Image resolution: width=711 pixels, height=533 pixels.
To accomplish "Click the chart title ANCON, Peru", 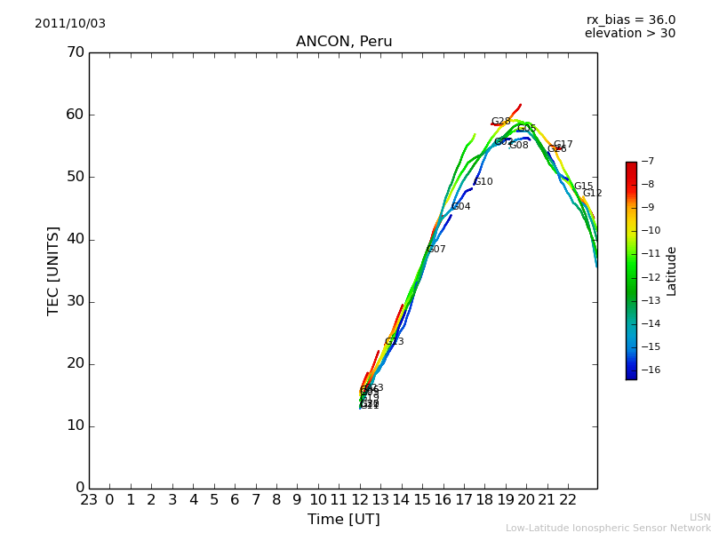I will [344, 42].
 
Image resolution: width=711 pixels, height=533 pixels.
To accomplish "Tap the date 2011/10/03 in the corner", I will [70, 24].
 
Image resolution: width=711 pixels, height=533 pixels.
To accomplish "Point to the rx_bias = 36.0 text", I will [630, 20].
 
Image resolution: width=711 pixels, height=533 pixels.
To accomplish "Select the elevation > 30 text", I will [629, 34].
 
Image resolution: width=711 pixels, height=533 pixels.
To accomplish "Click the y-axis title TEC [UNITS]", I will [53, 270].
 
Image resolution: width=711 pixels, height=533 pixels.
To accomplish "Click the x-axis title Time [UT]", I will [343, 520].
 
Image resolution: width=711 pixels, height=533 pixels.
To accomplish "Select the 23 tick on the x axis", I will [89, 500].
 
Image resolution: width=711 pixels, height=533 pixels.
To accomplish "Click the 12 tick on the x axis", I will [360, 500].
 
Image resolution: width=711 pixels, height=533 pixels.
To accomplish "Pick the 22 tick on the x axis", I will [568, 500].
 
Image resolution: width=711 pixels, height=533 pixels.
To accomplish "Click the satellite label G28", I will [501, 122].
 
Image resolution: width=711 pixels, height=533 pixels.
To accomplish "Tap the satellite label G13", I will [395, 342].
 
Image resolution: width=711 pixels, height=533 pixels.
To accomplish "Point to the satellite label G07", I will [436, 250].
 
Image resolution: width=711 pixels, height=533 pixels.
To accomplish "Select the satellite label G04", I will [461, 207].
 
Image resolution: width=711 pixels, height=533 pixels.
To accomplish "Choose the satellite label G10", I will [483, 182].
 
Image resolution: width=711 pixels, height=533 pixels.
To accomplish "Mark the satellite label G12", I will [593, 194].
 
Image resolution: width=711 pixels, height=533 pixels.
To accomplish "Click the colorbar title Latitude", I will [672, 270].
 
